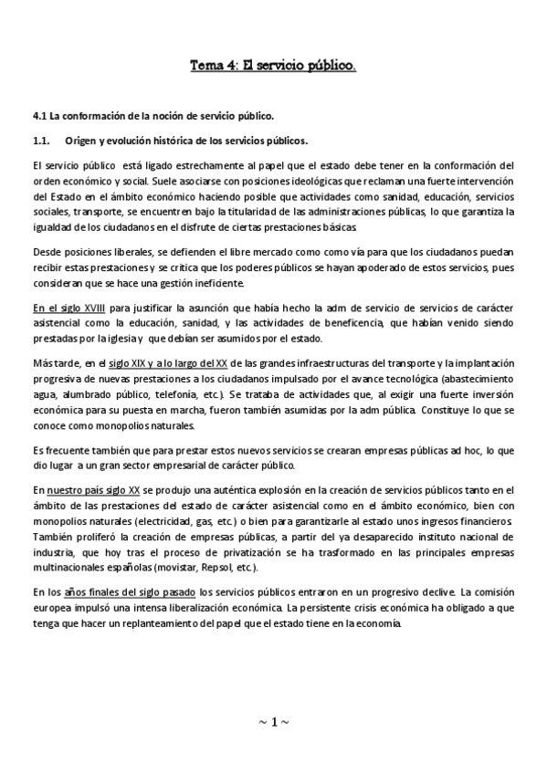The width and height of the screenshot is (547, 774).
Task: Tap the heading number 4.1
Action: (39, 117)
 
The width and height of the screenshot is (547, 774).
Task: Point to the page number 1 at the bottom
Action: (273, 722)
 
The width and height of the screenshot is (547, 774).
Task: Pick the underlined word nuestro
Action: (68, 490)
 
